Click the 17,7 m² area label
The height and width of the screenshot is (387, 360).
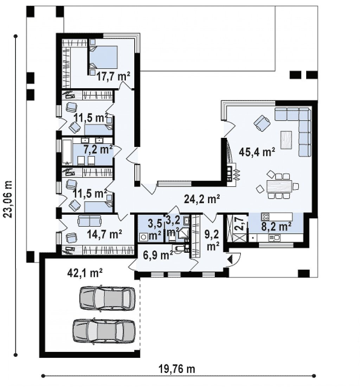pos(113,76)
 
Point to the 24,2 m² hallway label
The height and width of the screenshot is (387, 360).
pos(202,199)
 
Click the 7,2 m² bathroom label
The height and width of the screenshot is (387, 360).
pos(98,150)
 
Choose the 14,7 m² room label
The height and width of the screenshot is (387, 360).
pos(104,234)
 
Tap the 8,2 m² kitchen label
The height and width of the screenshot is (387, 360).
pos(276,226)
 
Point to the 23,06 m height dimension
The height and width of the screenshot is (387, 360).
pos(8,199)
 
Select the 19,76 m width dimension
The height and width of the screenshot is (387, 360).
pos(176,369)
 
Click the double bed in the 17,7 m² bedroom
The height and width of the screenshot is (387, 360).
pos(103,57)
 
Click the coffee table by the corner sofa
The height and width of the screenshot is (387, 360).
pos(286,140)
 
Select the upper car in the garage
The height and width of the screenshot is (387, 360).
pos(107,298)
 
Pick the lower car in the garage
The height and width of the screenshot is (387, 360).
pos(104,331)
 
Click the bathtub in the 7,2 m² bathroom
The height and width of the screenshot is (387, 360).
pos(67,152)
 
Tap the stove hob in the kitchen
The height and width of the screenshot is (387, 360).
pos(265,217)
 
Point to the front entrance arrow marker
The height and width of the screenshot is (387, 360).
pos(231,259)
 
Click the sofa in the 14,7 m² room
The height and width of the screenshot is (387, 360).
pos(89,221)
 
